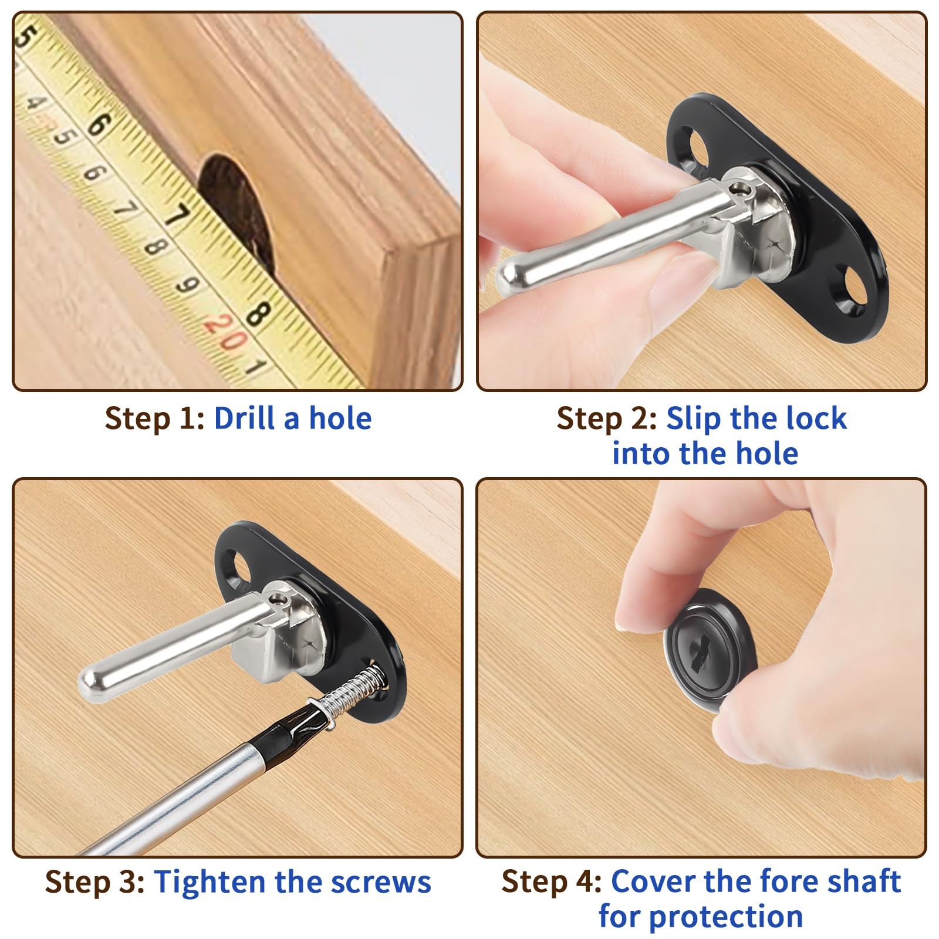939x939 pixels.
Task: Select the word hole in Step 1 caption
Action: tap(340, 418)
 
